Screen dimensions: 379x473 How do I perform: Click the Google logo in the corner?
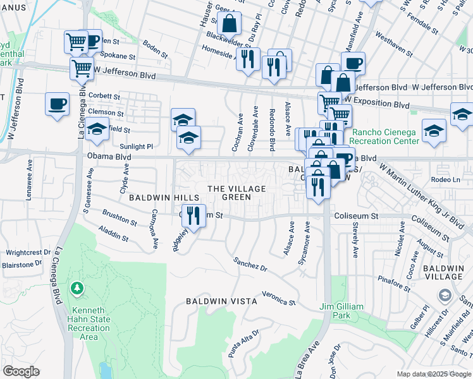pos(21,371)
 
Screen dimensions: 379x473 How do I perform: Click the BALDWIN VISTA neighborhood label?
pos(221,301)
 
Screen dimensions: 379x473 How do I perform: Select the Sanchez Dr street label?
pos(250,264)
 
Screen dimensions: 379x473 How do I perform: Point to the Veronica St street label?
pos(279,298)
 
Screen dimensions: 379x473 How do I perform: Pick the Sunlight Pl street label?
pos(137,146)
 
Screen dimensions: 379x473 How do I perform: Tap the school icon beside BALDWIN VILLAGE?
pos(445,296)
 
